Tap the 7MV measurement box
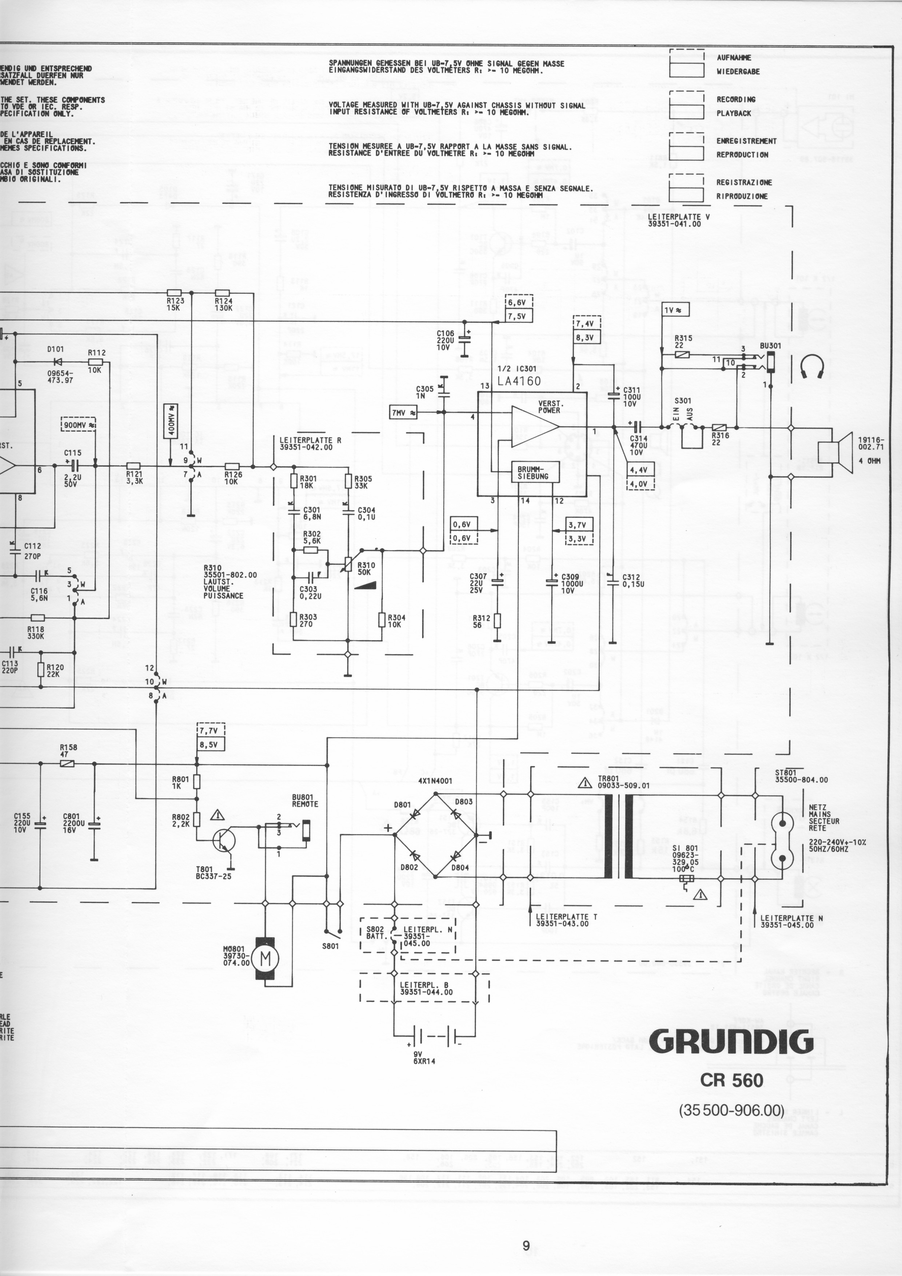click(404, 412)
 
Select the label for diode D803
click(464, 802)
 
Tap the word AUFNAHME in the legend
click(734, 57)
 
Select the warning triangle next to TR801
click(585, 783)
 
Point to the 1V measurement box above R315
click(676, 309)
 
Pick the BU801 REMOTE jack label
click(305, 801)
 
